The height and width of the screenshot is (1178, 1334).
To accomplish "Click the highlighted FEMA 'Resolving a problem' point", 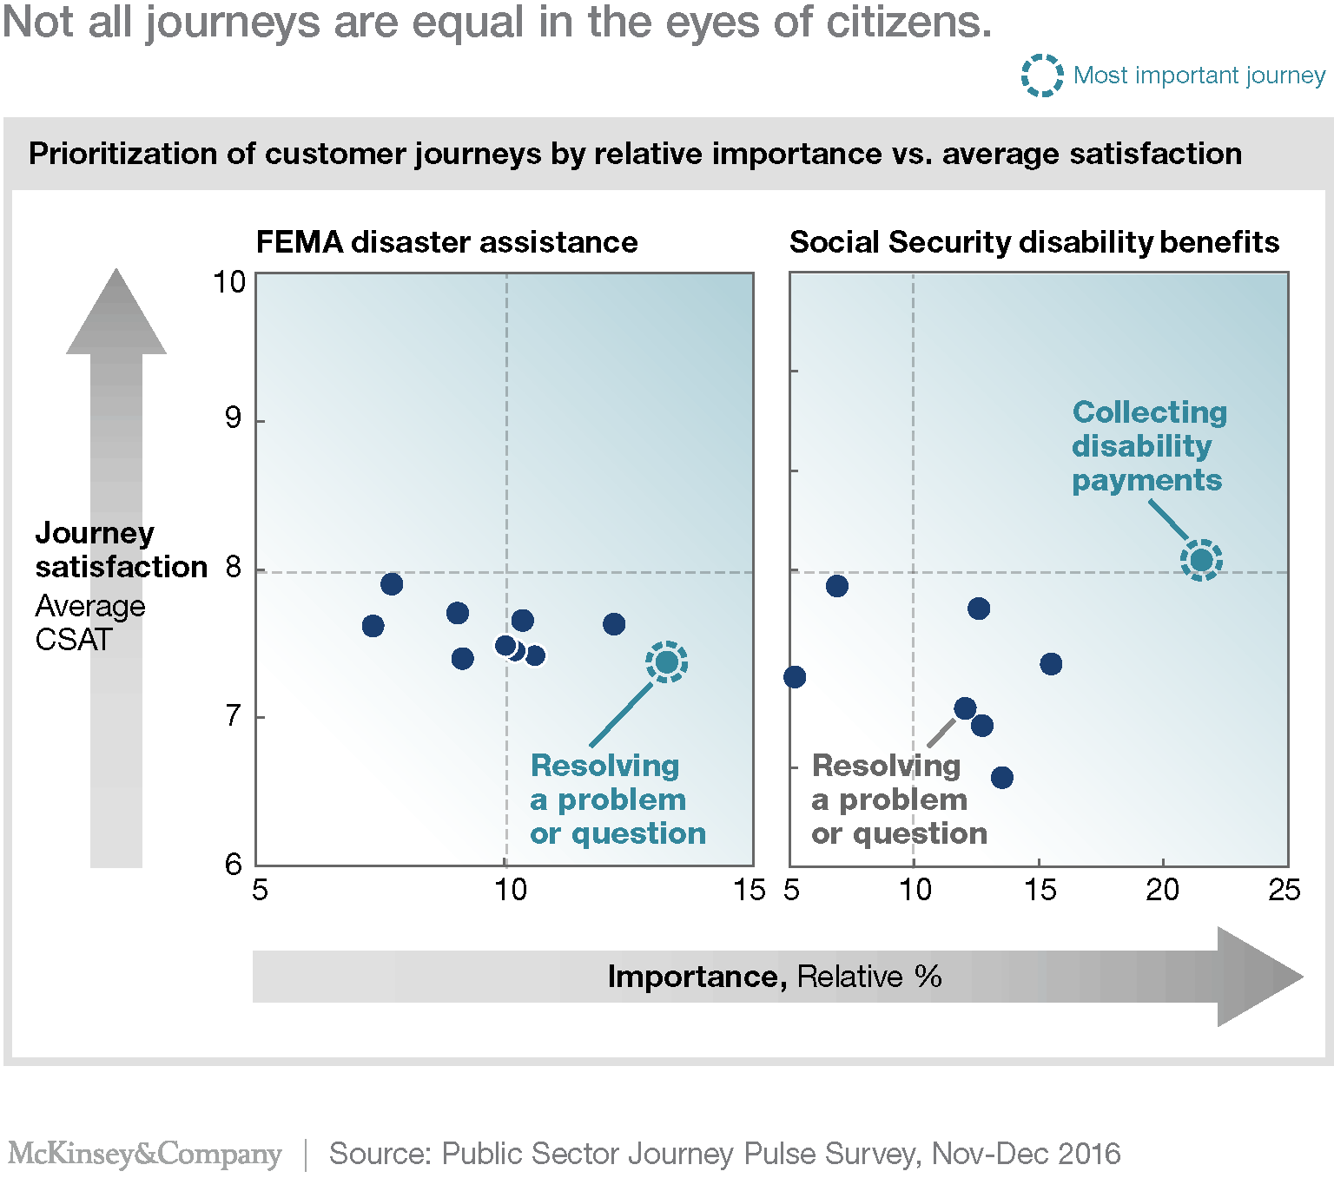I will click(x=666, y=662).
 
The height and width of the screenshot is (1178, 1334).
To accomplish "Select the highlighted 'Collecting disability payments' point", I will click(x=1201, y=560).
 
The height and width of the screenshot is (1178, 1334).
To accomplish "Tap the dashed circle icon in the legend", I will click(x=1041, y=76).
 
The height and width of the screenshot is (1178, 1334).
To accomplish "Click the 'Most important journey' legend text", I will click(x=1199, y=76).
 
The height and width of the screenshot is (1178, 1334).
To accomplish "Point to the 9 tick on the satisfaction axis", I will click(x=233, y=418).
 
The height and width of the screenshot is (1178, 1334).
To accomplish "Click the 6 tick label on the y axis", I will click(x=233, y=865).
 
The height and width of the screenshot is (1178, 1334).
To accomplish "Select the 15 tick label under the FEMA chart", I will click(x=749, y=890).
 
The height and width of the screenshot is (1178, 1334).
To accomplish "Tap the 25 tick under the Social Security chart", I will click(x=1284, y=890).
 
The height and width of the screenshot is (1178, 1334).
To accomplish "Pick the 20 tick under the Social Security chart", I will click(x=1162, y=890).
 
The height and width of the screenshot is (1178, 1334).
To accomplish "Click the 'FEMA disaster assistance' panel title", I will click(x=446, y=242).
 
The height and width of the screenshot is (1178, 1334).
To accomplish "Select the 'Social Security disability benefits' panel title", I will click(x=1034, y=242).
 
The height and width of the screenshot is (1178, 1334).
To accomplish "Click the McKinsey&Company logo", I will click(x=145, y=1154).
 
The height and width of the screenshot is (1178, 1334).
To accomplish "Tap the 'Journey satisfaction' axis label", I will click(x=120, y=550).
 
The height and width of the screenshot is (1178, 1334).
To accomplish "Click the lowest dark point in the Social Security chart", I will click(x=1001, y=777).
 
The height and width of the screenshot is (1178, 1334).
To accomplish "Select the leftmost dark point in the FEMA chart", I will click(x=373, y=626).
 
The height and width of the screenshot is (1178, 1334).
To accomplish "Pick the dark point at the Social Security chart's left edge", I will click(x=795, y=677).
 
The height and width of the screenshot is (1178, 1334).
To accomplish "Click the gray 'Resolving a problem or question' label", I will click(x=898, y=800).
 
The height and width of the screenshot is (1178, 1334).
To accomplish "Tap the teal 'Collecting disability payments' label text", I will click(x=1148, y=446).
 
